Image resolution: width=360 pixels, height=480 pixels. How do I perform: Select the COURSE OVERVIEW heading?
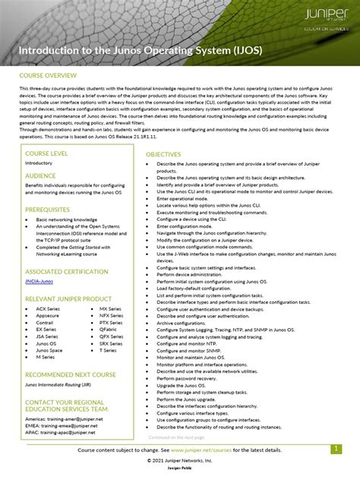49,76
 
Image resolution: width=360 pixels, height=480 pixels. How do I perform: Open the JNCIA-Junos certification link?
43,282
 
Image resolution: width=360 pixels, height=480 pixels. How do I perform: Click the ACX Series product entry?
47,309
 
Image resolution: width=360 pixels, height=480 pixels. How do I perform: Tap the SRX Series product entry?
111,343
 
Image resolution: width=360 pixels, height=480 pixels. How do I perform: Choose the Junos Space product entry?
49,350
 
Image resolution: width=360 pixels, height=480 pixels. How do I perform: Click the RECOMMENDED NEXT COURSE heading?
71,374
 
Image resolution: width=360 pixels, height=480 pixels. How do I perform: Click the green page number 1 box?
335,449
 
